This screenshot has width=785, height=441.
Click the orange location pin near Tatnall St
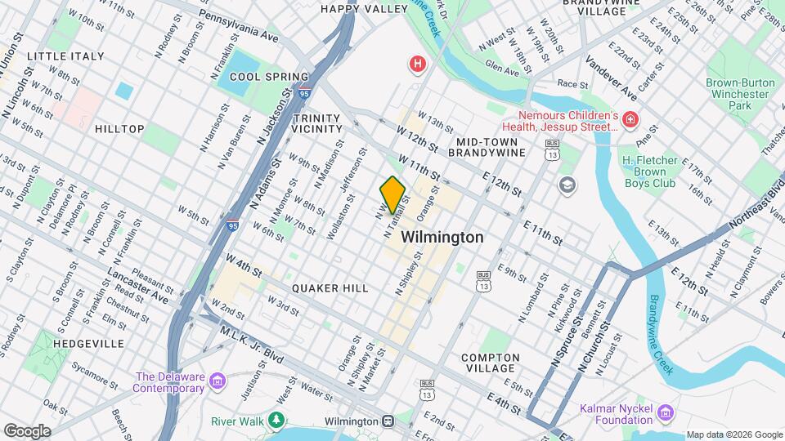(x=393, y=194)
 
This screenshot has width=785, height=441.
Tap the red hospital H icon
(x=419, y=64)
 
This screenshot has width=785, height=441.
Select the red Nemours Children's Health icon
(x=630, y=121)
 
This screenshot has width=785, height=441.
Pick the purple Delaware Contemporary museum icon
(x=218, y=381)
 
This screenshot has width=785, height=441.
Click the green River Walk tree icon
(x=277, y=421)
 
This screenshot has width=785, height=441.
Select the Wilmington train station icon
(x=389, y=421)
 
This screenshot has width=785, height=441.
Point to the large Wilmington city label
(x=442, y=237)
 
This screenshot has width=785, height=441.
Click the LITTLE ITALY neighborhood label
(x=65, y=56)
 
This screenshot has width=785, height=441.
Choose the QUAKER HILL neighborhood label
(x=330, y=288)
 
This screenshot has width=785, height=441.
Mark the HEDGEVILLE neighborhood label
(x=88, y=344)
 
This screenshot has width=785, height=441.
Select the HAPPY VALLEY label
(x=364, y=9)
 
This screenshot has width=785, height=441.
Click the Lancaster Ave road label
(x=137, y=286)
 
